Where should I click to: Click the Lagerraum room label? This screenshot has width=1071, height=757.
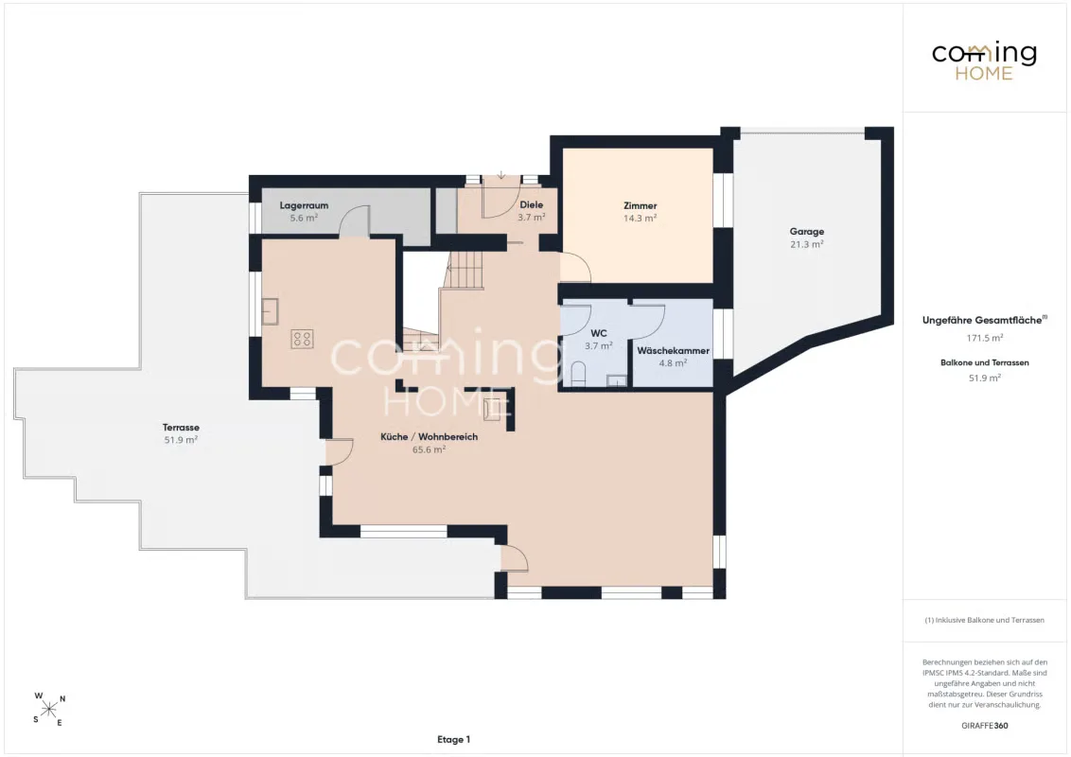pos(304,205)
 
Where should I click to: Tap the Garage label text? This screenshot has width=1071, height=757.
pos(807,232)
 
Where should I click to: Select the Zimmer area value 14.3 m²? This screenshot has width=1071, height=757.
pos(640,219)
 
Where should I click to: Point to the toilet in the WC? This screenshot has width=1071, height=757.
pos(578,375)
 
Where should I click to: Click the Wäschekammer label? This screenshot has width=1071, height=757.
pos(673,350)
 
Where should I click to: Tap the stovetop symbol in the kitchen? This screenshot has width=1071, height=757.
pos(302,339)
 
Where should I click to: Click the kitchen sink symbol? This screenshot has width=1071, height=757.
pos(271,311)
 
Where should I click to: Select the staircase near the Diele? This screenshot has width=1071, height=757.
pos(464,270)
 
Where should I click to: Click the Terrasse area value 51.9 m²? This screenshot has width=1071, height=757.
pos(181,440)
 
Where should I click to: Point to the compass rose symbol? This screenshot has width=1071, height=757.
pos(49,709)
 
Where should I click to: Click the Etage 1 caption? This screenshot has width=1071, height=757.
pos(453,739)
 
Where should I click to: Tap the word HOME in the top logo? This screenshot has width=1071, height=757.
pos(984,73)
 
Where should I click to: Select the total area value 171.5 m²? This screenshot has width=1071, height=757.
pos(984,338)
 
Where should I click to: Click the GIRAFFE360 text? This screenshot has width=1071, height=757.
pos(984,726)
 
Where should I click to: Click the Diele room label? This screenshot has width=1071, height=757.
pos(532,204)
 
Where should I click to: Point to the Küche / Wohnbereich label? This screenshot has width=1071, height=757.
pos(429,436)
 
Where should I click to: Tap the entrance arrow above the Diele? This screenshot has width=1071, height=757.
pos(501,175)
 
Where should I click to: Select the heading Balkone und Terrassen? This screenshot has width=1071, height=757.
pos(984,362)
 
